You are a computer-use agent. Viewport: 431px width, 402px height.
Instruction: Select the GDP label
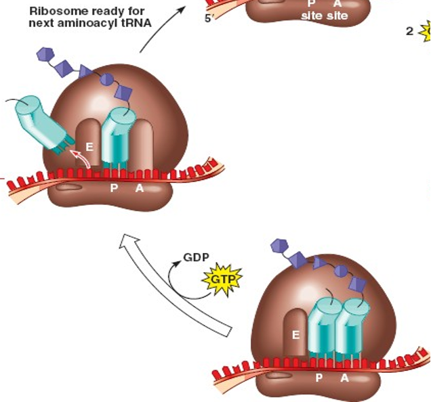196,258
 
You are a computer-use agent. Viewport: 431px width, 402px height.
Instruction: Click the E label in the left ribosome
89,146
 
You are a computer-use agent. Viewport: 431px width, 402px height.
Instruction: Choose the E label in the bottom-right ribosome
295,334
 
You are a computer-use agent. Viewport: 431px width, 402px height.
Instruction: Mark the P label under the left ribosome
114,188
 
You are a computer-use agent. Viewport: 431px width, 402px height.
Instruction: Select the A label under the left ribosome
140,188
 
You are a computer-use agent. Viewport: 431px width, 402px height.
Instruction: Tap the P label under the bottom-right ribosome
319,378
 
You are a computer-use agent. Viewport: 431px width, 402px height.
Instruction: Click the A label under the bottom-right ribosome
344,378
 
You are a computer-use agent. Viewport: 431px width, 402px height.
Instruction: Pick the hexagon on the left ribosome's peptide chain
45,53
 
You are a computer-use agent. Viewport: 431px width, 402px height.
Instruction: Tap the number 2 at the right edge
409,31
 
